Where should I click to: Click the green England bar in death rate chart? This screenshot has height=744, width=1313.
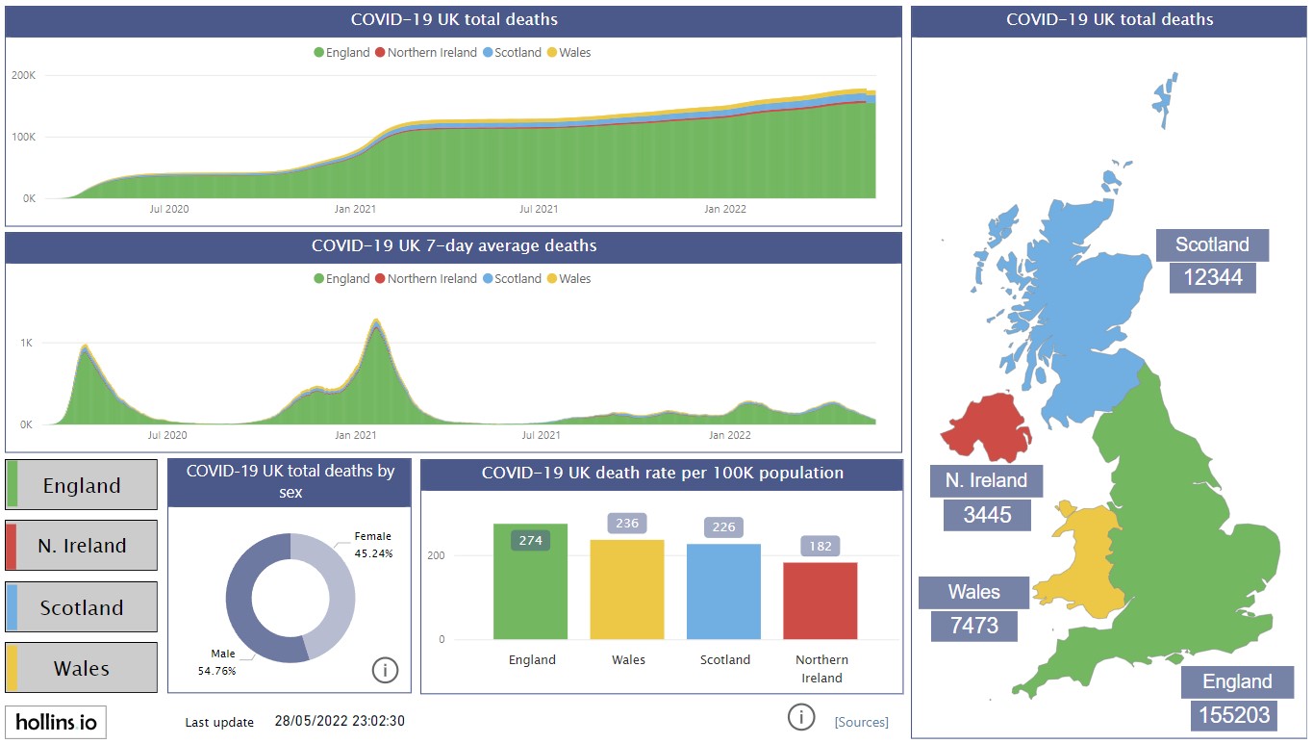(x=530, y=587)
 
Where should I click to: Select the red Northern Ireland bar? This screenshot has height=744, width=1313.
(x=820, y=601)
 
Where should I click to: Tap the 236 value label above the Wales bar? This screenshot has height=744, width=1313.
(x=627, y=524)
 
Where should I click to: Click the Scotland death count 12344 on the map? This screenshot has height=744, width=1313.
(x=1212, y=278)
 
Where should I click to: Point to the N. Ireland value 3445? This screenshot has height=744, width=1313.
(x=987, y=515)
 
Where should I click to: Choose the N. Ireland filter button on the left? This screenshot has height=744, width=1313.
(x=82, y=546)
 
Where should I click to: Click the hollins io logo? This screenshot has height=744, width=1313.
(x=56, y=722)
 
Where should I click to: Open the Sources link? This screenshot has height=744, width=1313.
(x=861, y=722)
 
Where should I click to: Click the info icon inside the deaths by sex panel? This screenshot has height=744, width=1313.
(x=385, y=670)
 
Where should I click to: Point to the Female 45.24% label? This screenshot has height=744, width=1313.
(x=373, y=545)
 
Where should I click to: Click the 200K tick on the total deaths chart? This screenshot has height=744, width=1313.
(x=23, y=75)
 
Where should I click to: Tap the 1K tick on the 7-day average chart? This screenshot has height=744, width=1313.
(x=27, y=343)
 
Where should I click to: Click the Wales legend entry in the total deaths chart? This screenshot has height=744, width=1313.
(x=568, y=53)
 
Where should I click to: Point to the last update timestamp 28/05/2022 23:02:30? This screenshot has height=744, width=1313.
(x=340, y=722)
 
